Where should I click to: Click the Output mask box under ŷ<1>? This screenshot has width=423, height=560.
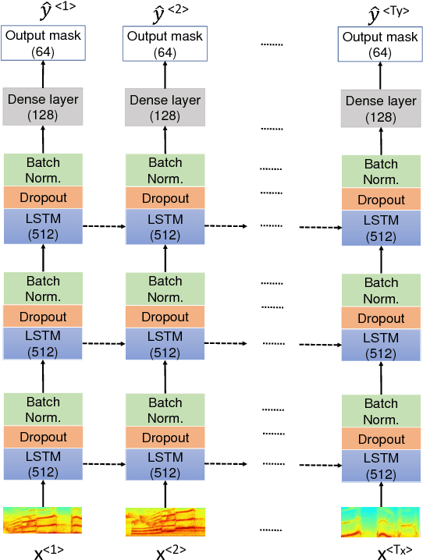42,44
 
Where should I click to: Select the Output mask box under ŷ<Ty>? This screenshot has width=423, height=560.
381,44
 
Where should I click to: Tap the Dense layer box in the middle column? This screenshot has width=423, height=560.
165,108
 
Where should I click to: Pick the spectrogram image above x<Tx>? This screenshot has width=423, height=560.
381,523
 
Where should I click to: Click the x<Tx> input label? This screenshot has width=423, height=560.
394,551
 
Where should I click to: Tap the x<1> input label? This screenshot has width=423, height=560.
48,551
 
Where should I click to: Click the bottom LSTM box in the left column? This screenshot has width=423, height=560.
42,465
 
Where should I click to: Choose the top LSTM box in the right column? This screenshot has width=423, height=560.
381,228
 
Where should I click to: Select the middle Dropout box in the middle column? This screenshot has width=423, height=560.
165,317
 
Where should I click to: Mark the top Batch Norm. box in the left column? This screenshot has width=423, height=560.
42,170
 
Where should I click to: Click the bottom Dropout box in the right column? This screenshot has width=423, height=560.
381,439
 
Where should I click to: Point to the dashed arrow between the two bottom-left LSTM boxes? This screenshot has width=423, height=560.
103,466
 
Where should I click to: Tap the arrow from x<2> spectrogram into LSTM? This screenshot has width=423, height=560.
165,494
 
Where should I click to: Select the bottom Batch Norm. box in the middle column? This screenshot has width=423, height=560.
165,410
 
